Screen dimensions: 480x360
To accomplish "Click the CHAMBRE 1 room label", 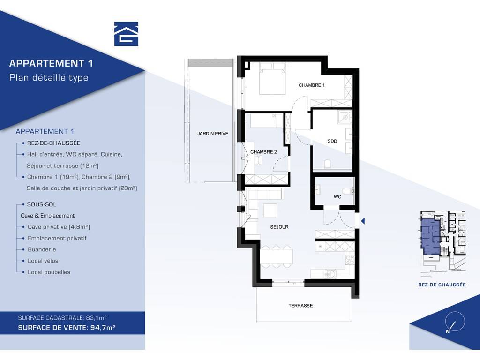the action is [x=312, y=85].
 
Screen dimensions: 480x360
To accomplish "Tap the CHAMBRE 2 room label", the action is [x=263, y=152].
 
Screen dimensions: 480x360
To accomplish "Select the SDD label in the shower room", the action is [x=332, y=141].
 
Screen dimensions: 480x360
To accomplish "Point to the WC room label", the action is [x=337, y=197].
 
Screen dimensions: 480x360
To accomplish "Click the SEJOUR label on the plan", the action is [x=279, y=227].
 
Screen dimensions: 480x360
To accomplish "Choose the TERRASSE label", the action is [x=300, y=306].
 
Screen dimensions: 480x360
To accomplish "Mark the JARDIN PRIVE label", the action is [x=213, y=134].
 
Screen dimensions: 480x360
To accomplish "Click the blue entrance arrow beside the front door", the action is [x=363, y=221].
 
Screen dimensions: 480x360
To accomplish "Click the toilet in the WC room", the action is [x=348, y=191].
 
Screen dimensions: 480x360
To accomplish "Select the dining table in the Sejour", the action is [x=277, y=256].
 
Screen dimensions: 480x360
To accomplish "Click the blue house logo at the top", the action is [x=126, y=34].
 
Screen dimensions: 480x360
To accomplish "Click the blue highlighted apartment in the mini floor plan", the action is [x=430, y=236].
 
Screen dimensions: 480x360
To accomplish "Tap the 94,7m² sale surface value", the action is [x=103, y=328].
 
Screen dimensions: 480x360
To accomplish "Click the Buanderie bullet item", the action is [x=42, y=249].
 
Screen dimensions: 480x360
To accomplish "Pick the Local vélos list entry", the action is [x=43, y=261].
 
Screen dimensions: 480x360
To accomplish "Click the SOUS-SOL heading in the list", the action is [x=42, y=204].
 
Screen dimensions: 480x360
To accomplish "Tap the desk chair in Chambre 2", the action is [x=258, y=159].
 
